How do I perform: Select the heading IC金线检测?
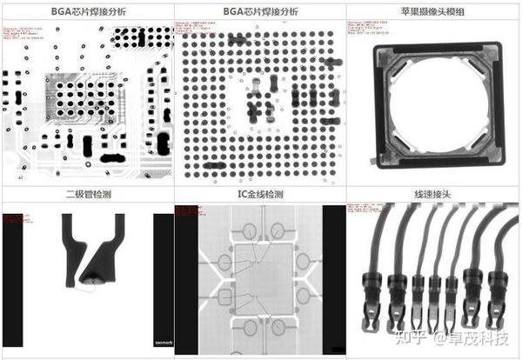coord(261,193)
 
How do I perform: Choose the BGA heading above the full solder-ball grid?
coord(261,12)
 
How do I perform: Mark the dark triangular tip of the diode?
coord(93,278)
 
